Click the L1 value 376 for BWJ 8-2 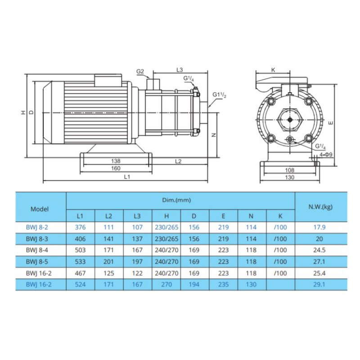click(x=80, y=227)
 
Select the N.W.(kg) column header click(x=320, y=207)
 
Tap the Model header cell click(x=40, y=209)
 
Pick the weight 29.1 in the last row click(x=319, y=284)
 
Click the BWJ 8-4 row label click(x=37, y=250)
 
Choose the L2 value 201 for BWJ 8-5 click(x=108, y=262)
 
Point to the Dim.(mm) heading click(x=176, y=200)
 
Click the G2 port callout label click(x=140, y=72)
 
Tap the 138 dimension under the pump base click(x=116, y=161)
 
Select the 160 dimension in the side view click(x=116, y=168)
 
